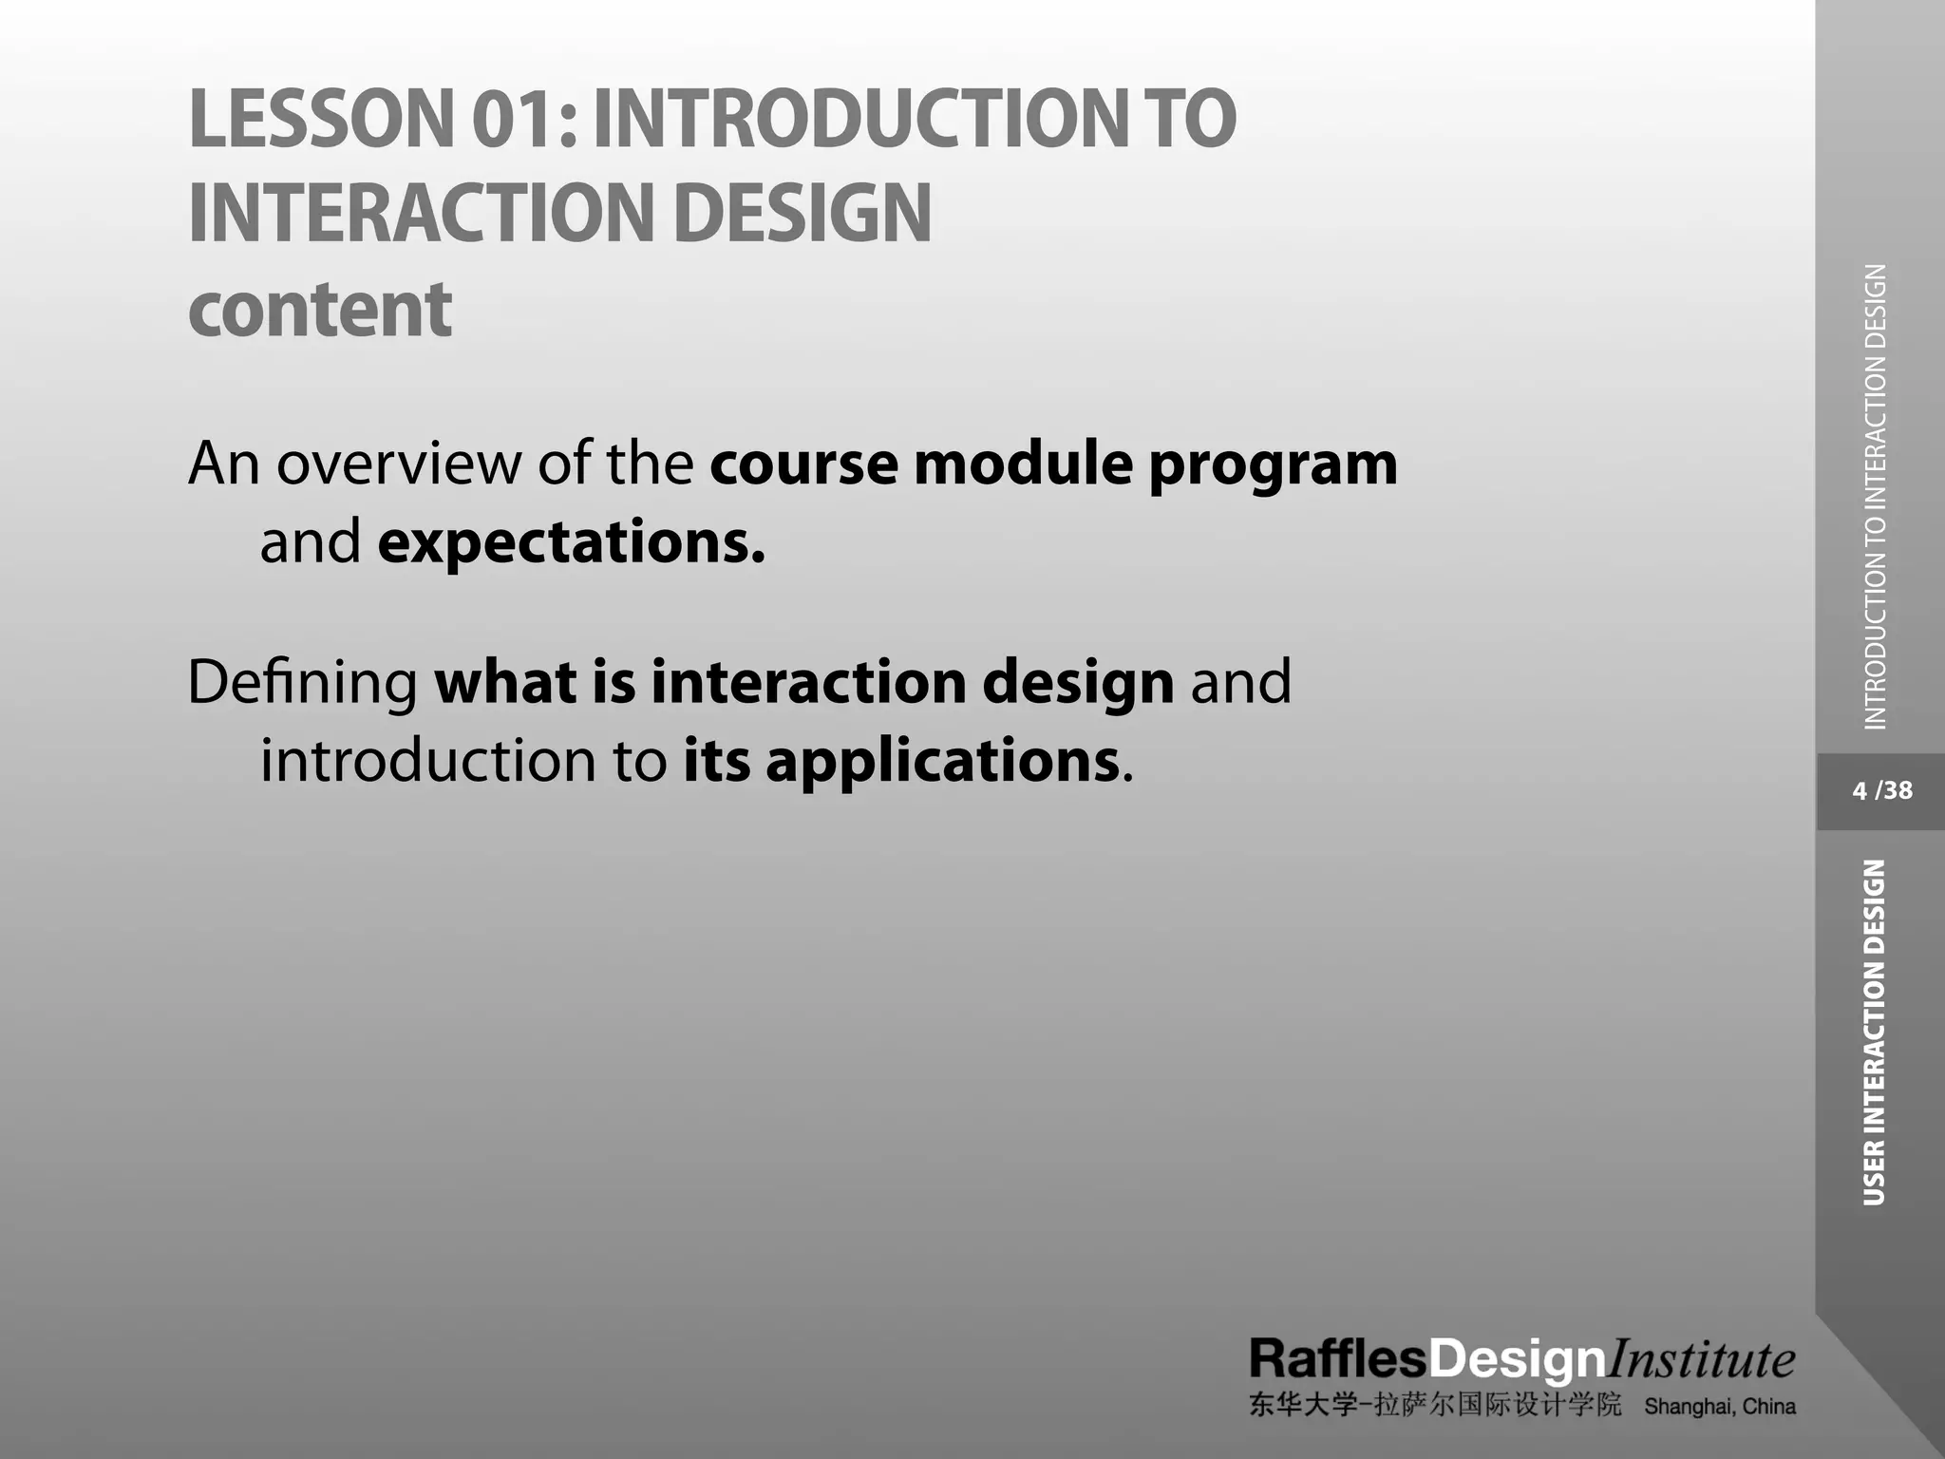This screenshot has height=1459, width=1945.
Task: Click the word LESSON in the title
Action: pyautogui.click(x=322, y=119)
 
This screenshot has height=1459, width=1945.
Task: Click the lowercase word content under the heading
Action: pyautogui.click(x=320, y=310)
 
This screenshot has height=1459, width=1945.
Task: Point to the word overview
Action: pyautogui.click(x=399, y=464)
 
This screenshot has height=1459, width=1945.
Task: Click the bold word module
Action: pyautogui.click(x=1023, y=464)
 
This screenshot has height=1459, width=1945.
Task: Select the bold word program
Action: pyautogui.click(x=1273, y=465)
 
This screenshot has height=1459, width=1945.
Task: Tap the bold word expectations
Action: pyautogui.click(x=571, y=543)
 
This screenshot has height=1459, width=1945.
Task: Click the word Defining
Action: pyautogui.click(x=302, y=683)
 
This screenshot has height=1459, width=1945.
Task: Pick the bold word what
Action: pyautogui.click(x=505, y=682)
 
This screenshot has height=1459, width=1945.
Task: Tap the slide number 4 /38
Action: pyautogui.click(x=1881, y=790)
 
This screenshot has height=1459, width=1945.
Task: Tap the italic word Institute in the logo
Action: pyautogui.click(x=1699, y=1359)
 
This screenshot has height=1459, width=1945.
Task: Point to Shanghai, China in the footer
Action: pyautogui.click(x=1719, y=1407)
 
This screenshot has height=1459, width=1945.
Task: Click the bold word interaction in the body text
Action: pyautogui.click(x=807, y=682)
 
